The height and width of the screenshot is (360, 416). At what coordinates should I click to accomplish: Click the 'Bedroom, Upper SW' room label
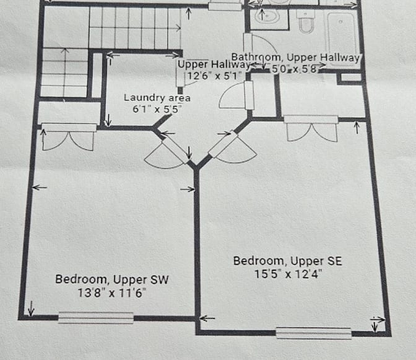coord(111,280)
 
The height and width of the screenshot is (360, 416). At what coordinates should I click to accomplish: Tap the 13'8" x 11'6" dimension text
coord(111,293)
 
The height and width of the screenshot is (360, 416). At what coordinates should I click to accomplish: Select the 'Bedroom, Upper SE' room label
coord(288,261)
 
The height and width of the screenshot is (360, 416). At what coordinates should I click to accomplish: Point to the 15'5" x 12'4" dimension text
coord(288,274)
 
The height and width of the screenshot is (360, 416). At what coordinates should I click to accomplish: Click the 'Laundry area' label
coord(157,98)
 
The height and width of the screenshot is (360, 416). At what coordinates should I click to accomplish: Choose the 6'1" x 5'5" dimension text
coord(157,109)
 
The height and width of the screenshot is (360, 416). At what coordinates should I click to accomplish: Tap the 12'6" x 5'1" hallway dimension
coord(214,76)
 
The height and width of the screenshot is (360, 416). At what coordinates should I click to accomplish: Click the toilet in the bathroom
coord(306,22)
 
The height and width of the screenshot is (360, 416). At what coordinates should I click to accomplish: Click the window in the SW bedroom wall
coord(96,317)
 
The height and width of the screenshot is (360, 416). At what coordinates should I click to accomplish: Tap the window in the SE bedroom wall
coord(314,333)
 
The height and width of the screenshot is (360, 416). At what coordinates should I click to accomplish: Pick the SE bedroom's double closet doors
coord(311,128)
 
